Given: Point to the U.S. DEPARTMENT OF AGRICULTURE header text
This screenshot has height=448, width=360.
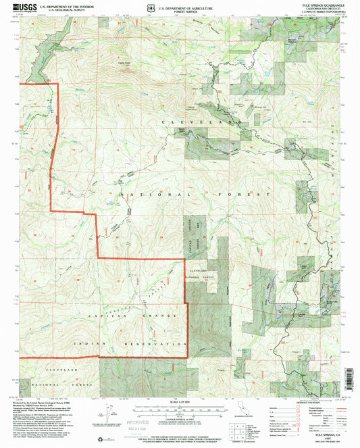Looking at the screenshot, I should point(183,5).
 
